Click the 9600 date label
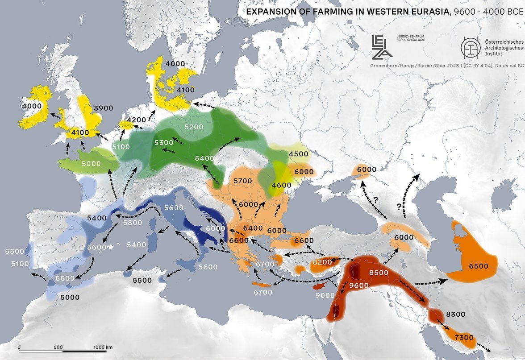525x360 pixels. coord(359,286)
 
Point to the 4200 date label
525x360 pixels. coord(137,120)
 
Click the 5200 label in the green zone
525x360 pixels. coord(194,127)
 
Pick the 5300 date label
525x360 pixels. coord(164,142)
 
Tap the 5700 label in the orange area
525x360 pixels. coord(243,181)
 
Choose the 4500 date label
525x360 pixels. coord(299,154)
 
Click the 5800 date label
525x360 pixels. coord(133,223)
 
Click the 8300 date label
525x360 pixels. coord(456,314)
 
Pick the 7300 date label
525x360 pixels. coord(464,338)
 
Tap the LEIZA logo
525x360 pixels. coord(382,47)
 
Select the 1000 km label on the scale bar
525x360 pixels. coord(103,347)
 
